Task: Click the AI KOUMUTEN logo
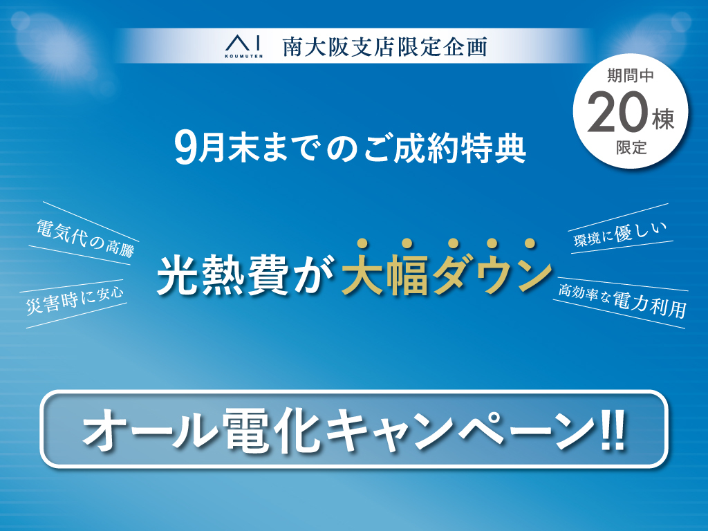tap(244, 47)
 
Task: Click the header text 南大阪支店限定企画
tap(385, 48)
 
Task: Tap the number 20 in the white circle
tap(617, 113)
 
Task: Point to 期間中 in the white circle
tap(631, 75)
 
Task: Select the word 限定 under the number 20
tap(631, 147)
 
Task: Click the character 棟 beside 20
tap(663, 120)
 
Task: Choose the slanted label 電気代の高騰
tap(85, 238)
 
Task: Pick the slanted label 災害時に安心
tap(75, 300)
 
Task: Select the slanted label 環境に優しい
tap(620, 234)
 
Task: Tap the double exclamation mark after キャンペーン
tap(613, 429)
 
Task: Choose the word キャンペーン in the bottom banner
tap(460, 429)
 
